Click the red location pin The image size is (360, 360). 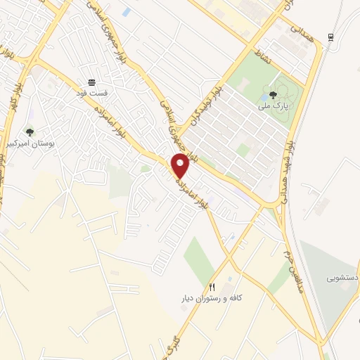click(181, 165)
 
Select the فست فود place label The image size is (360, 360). click(92, 92)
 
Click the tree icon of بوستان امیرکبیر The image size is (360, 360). click(30, 132)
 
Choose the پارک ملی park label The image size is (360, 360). click(274, 105)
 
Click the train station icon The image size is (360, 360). click(330, 37)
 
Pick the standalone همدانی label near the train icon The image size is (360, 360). click(299, 33)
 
